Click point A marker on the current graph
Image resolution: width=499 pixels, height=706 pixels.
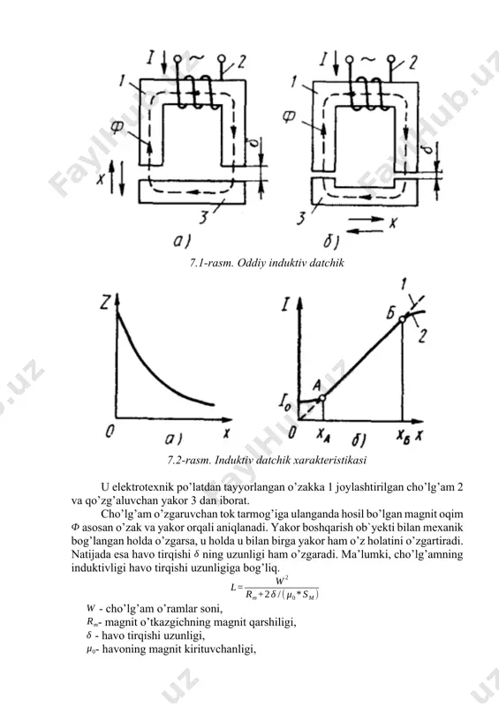321,398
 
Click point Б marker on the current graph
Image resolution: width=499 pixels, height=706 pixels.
402,319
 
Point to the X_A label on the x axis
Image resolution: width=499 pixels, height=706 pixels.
323,434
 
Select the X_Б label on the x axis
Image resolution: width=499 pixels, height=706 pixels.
403,435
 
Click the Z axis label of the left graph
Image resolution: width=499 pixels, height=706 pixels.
105,303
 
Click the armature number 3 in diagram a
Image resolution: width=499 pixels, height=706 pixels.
204,217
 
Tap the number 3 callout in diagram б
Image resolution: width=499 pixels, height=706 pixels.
301,218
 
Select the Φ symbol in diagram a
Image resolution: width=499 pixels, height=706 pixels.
117,127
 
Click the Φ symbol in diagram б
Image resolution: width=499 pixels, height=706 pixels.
289,117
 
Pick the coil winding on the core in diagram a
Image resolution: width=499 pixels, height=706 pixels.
194,92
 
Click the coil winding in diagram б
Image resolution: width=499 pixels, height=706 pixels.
367,93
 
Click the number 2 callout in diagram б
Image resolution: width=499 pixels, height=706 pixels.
412,63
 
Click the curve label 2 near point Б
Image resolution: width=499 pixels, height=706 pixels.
421,335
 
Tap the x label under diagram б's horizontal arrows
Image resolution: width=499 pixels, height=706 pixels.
393,222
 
